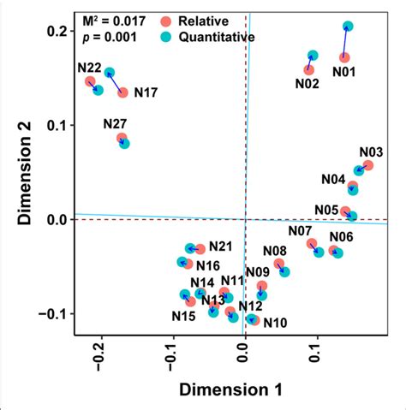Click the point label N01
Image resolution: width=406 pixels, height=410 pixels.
(344, 73)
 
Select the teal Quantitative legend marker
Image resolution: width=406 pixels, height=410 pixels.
(166, 36)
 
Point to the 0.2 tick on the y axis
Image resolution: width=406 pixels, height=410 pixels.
(56, 32)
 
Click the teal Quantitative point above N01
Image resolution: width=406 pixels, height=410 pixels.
(348, 27)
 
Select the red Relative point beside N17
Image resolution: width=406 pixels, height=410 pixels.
(122, 92)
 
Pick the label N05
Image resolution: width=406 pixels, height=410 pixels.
(326, 210)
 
